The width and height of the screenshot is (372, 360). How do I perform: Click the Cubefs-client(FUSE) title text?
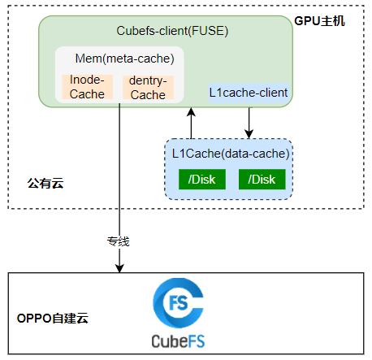coord(172,31)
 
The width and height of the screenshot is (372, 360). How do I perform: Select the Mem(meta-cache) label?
coord(124,59)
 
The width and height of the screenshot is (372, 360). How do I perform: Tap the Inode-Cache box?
coord(87,87)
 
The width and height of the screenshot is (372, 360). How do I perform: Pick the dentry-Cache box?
coord(148,87)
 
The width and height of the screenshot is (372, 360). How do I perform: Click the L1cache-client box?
coord(249,93)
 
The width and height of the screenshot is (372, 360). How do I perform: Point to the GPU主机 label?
coord(319,21)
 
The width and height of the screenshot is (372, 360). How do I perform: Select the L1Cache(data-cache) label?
coord(231,154)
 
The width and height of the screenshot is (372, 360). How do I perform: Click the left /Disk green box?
coord(202,180)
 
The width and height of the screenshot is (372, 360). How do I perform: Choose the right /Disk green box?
coord(262,180)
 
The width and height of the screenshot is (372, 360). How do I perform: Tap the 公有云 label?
coord(45,184)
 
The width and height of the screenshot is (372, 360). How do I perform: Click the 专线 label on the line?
coord(118,241)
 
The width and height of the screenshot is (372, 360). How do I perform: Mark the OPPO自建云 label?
coord(53,319)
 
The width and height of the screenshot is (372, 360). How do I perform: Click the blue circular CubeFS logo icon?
coord(178,303)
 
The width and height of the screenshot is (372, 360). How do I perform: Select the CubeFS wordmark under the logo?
coord(178,341)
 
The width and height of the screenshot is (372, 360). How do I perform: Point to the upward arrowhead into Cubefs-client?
coord(191,112)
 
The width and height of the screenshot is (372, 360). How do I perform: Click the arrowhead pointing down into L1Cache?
coord(249,134)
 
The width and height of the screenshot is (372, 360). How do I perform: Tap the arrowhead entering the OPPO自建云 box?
coord(119,268)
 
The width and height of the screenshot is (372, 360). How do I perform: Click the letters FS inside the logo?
coord(178,303)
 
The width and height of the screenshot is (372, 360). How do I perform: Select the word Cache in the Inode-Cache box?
coord(87,94)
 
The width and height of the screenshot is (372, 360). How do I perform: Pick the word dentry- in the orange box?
coord(148,80)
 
